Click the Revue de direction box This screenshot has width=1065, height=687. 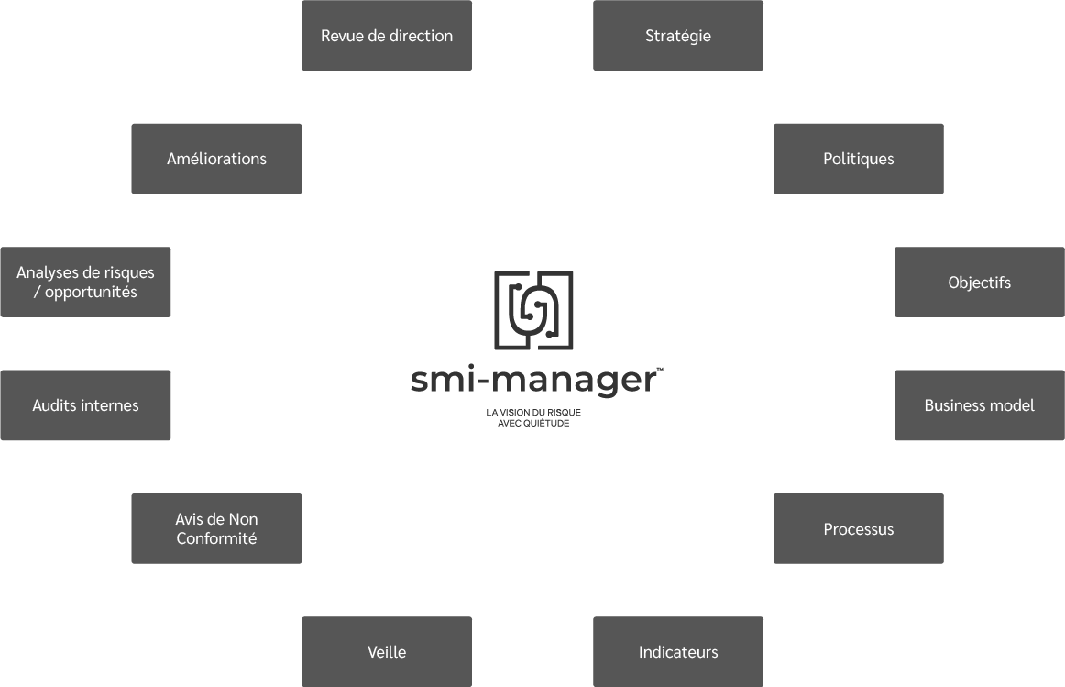(386, 36)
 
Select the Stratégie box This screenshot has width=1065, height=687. (677, 36)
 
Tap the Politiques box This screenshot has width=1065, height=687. (858, 159)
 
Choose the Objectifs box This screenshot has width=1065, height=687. (979, 282)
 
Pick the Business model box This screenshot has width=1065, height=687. (979, 405)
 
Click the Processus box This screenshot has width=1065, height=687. (858, 528)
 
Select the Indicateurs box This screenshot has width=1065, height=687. (677, 652)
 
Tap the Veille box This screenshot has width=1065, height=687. (386, 652)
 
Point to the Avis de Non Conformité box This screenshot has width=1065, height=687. (216, 528)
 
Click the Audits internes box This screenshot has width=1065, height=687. (85, 405)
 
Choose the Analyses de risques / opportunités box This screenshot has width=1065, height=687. (85, 282)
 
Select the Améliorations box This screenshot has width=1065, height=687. (216, 159)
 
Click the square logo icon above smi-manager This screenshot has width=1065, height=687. (533, 310)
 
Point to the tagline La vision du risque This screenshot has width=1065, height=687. (533, 413)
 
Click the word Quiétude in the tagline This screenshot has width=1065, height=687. (546, 424)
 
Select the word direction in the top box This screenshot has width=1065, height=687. (420, 36)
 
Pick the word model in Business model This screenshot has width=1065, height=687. (1012, 405)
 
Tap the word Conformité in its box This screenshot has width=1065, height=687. (216, 538)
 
